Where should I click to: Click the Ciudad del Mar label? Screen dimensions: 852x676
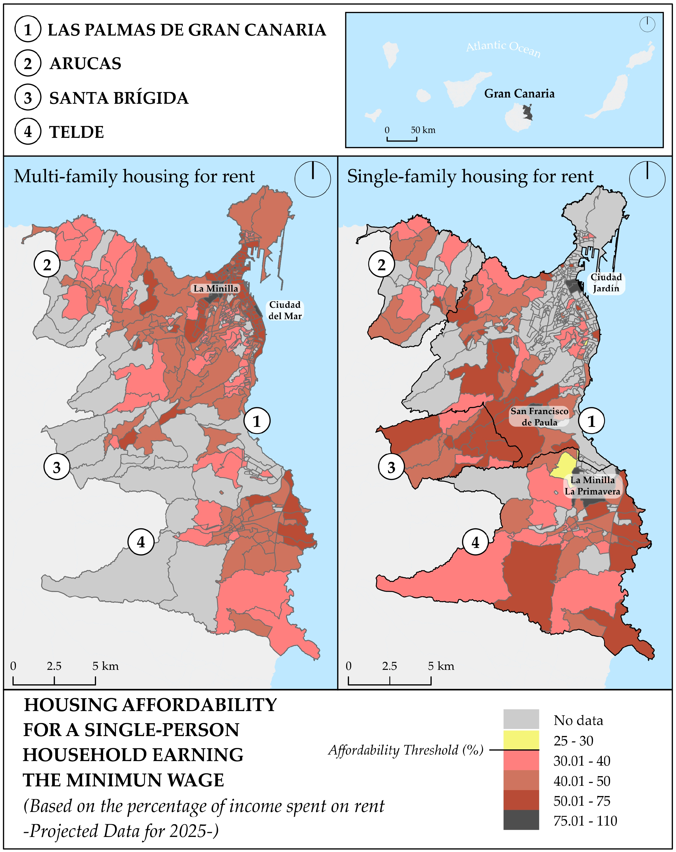pyautogui.click(x=285, y=310)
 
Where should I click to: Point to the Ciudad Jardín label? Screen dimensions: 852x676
pyautogui.click(x=606, y=282)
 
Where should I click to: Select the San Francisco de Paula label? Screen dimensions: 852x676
pyautogui.click(x=539, y=417)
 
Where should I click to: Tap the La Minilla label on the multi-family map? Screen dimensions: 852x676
pyautogui.click(x=216, y=288)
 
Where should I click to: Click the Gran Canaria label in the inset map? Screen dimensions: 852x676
pyautogui.click(x=519, y=94)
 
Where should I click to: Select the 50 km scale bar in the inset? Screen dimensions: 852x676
pyautogui.click(x=402, y=138)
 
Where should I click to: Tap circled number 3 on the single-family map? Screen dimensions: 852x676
pyautogui.click(x=391, y=467)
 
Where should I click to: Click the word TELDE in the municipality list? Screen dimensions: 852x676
pyautogui.click(x=76, y=132)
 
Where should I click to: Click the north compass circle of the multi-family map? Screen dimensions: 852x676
pyautogui.click(x=313, y=179)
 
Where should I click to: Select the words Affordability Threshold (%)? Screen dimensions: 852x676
pyautogui.click(x=406, y=750)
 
